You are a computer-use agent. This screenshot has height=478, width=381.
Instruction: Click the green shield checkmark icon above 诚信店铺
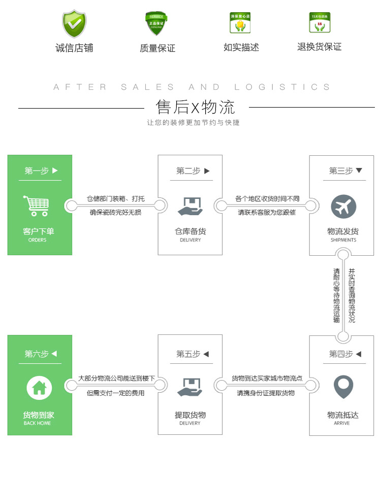pos(74,23)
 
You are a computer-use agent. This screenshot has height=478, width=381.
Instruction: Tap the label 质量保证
pos(157,48)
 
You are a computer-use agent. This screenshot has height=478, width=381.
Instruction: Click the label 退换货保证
pos(319,47)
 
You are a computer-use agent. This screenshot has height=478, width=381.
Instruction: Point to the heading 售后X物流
pos(196,107)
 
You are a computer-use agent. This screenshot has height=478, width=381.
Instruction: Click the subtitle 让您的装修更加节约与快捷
pos(193,123)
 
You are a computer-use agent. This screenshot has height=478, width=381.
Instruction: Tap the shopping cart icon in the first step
pos(37,206)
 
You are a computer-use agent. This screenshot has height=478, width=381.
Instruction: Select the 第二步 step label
pos(188,171)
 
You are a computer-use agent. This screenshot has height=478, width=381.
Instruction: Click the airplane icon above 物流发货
pos(343,207)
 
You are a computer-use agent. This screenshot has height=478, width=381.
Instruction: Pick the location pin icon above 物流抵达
pos(343,387)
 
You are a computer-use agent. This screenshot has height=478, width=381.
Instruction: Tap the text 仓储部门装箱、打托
pos(115,198)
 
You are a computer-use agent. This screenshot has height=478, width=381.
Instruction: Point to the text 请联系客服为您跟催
pos(267,213)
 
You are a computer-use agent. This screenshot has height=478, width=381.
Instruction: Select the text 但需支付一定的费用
pos(115,393)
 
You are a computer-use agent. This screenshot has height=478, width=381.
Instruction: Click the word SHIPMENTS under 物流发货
pos(343,240)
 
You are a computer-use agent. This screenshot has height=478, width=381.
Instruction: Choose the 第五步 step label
pos(188,354)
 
